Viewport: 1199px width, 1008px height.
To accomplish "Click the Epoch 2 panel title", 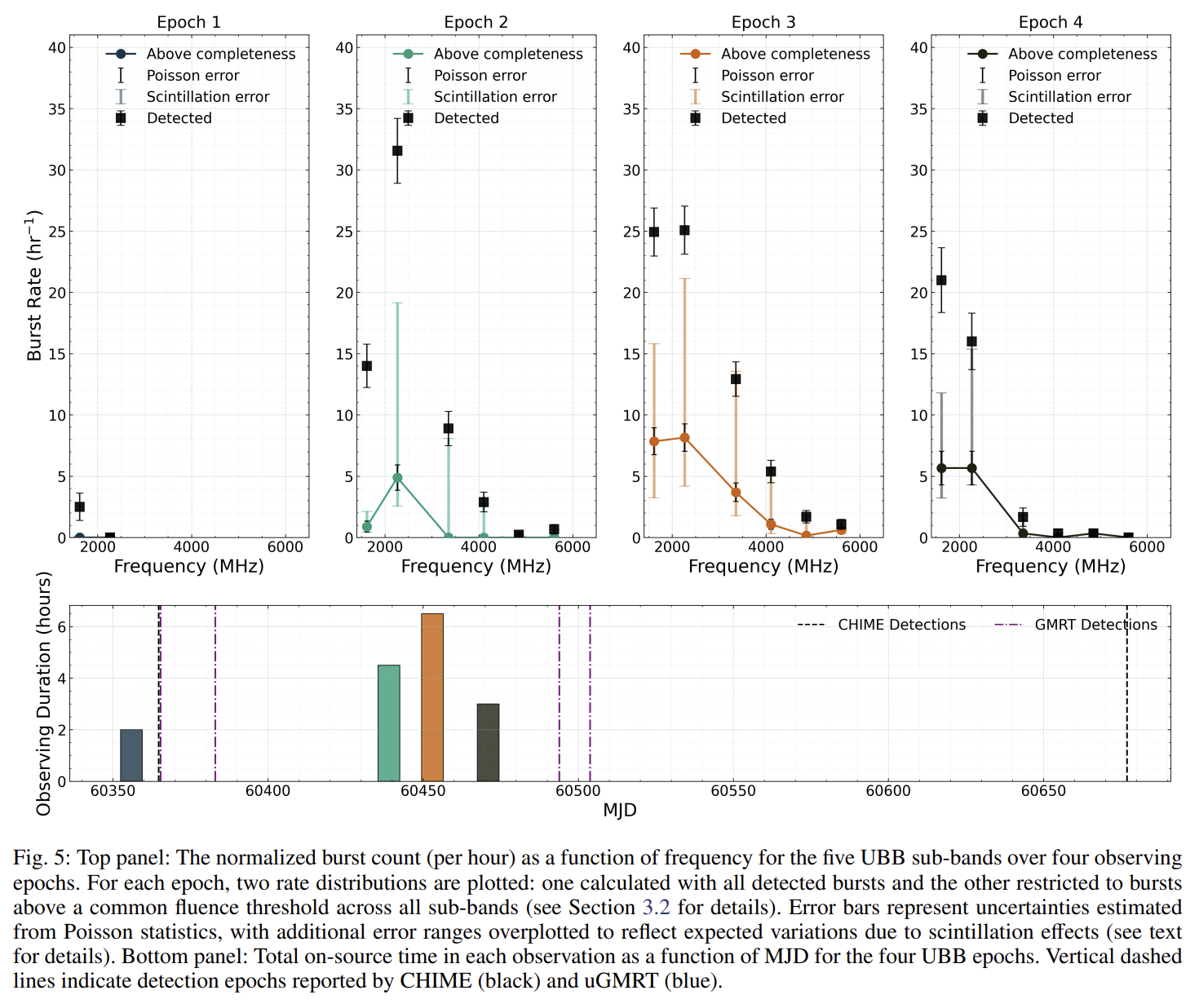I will pos(476,22).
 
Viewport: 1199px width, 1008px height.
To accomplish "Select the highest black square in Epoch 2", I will pos(397,151).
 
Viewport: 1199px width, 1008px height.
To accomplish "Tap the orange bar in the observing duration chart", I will pos(432,697).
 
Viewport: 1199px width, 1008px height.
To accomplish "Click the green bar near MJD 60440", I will pos(389,723).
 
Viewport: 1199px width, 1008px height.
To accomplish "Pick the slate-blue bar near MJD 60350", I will pos(131,755).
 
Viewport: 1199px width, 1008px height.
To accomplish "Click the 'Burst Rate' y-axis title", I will pos(34,285).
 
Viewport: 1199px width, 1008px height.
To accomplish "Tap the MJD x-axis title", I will pos(620,810).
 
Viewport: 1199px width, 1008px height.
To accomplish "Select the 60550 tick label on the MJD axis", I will pos(733,790).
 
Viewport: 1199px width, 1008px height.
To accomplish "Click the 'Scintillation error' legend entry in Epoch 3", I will pos(782,97).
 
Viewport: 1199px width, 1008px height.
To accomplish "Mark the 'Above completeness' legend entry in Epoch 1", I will pos(221,54).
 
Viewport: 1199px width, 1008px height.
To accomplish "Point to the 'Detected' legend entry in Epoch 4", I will pos(1041,118).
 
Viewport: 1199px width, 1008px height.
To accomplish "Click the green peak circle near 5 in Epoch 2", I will pos(397,478).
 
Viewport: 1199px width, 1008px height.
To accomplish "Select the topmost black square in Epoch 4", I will pos(941,280).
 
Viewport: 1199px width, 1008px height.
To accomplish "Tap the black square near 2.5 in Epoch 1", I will pos(80,506).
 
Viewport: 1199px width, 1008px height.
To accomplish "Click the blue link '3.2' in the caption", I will pos(656,908).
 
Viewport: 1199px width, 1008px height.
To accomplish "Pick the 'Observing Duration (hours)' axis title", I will pos(44,693).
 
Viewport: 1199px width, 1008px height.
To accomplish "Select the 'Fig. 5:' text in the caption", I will pos(42,859).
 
